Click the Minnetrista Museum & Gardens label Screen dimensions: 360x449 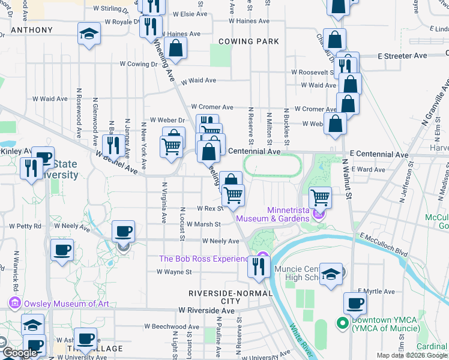click(273, 214)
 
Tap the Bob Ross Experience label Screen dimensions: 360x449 click(203, 259)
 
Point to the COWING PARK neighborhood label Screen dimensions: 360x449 click(249, 41)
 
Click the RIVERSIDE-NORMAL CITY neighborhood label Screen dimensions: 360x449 click(230, 297)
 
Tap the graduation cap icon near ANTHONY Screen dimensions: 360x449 click(89, 34)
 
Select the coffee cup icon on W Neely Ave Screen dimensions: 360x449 click(123, 232)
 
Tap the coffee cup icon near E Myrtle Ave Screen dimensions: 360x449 click(355, 303)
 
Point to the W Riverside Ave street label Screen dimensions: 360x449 click(206, 311)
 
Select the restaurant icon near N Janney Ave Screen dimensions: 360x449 click(113, 145)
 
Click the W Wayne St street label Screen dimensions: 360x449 click(173, 272)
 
